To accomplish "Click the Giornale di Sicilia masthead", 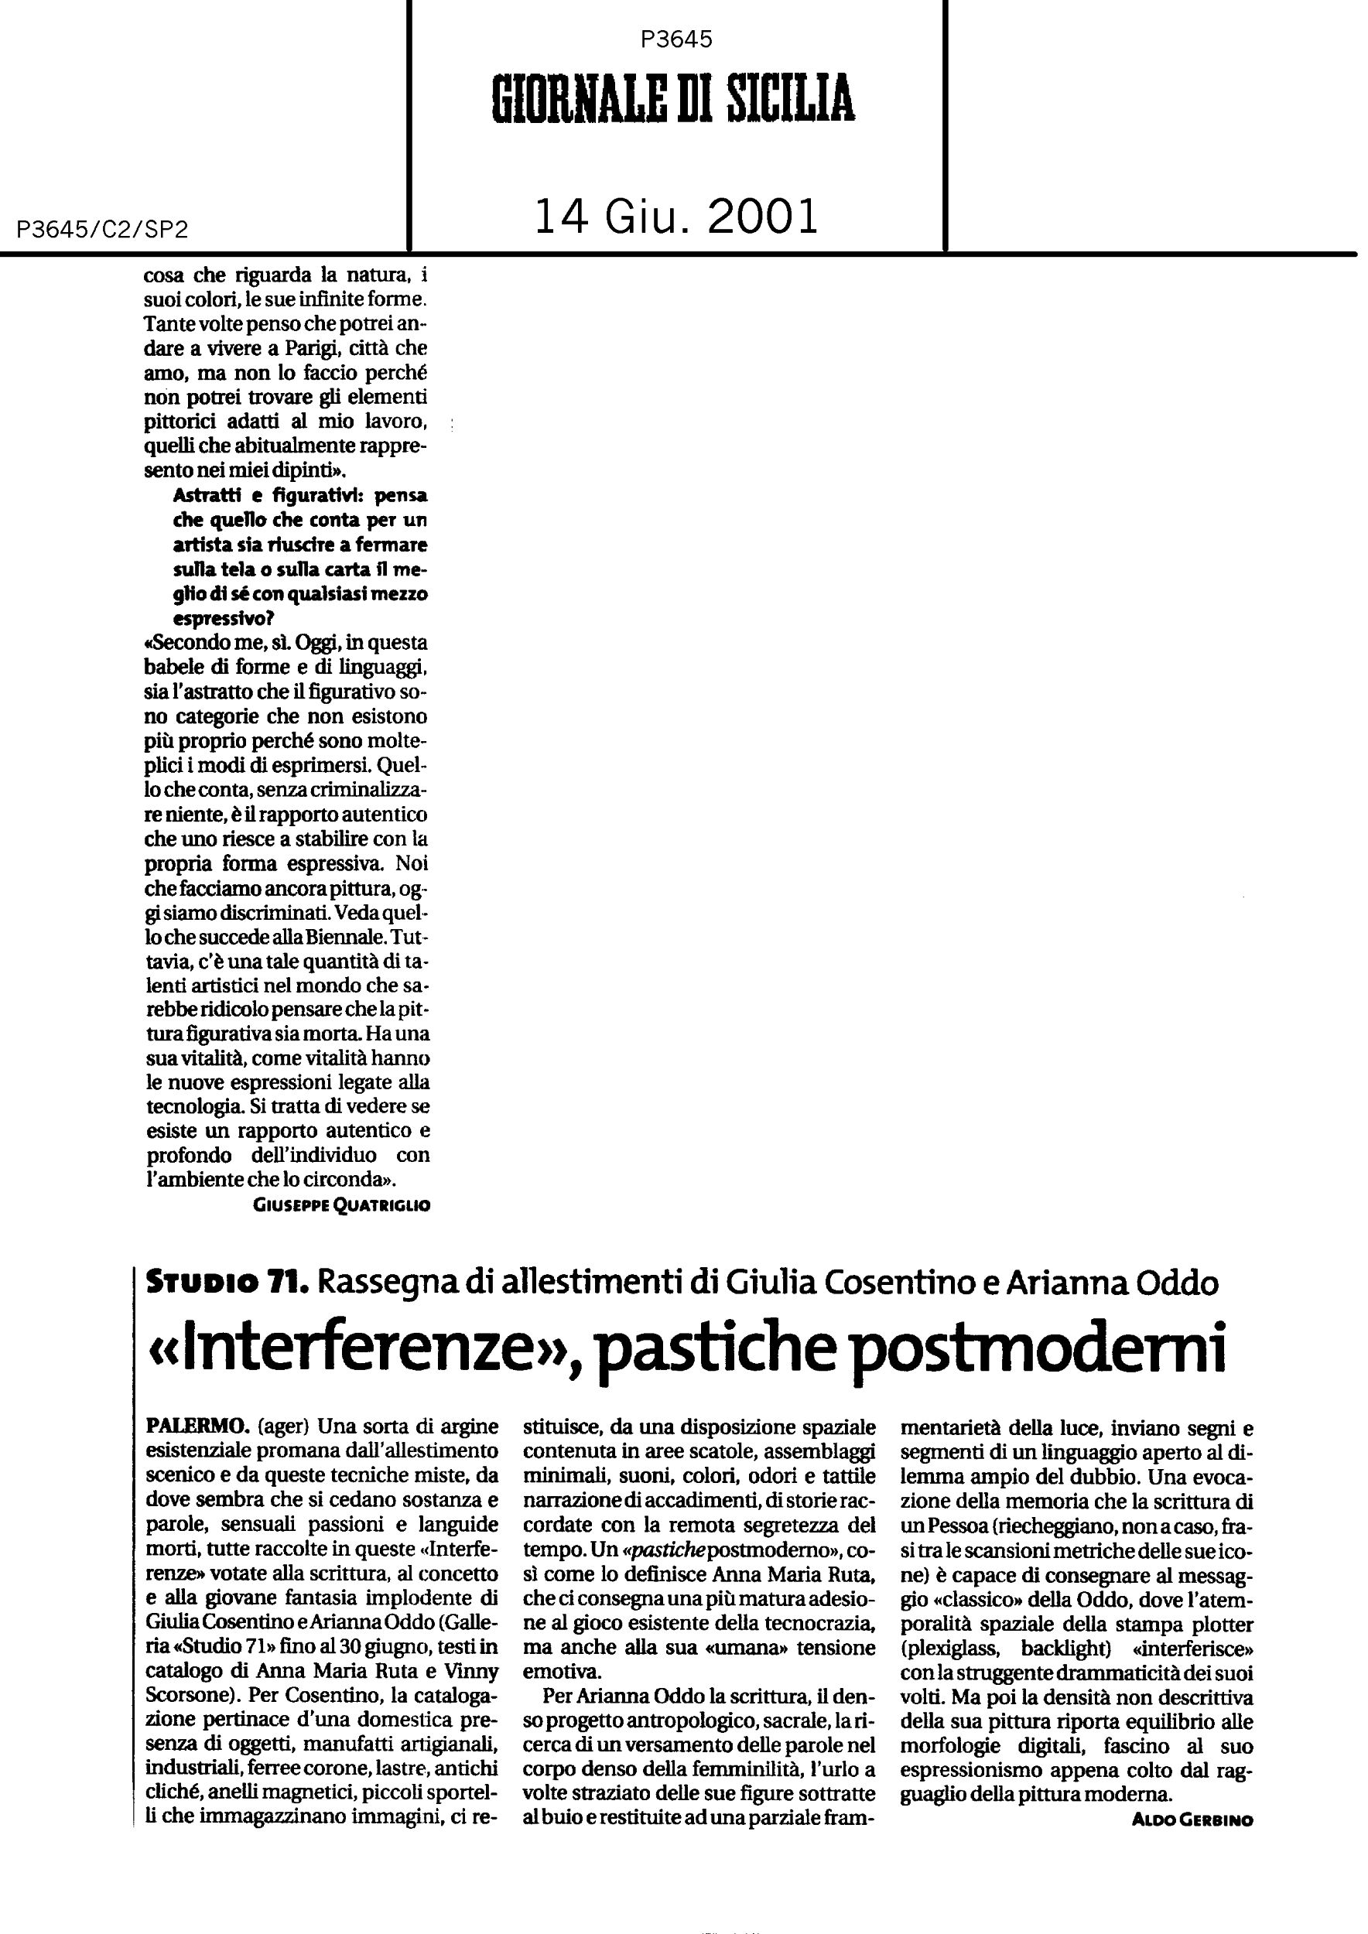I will click(673, 99).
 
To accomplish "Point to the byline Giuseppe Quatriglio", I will click(341, 1205).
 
